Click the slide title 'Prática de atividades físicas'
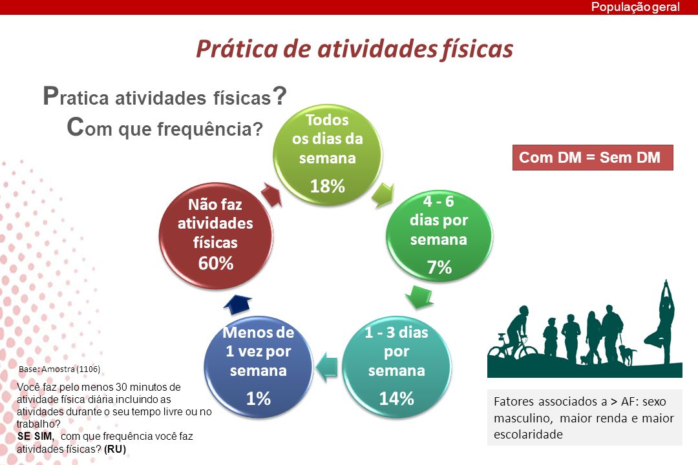coord(354,49)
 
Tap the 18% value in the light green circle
coord(327,186)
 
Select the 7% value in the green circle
coord(439,267)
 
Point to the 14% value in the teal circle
coord(396,398)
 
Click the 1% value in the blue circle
coord(258,398)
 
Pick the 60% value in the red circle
coord(216,263)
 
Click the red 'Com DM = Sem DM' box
coord(593,158)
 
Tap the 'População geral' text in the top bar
coord(635,7)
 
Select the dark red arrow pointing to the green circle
coord(271,194)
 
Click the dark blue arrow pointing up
coord(237,304)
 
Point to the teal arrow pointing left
coord(326,367)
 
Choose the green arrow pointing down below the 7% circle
coord(419,297)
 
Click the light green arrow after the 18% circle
coord(383,195)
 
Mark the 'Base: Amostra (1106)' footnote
coord(59,369)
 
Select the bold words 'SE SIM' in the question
coord(34,436)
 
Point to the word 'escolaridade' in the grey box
coord(528,434)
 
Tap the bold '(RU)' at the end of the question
coord(115,449)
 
